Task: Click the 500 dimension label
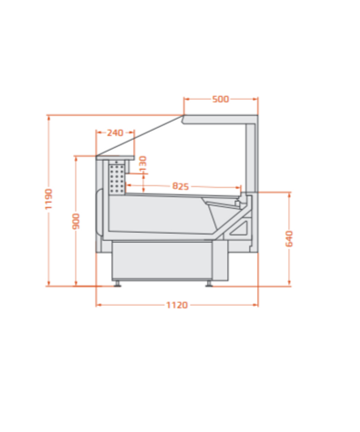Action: pyautogui.click(x=220, y=99)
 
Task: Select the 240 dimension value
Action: pyautogui.click(x=115, y=133)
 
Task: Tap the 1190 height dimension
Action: pyautogui.click(x=49, y=199)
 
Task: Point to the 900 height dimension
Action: pyautogui.click(x=76, y=221)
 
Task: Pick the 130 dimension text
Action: pyautogui.click(x=143, y=164)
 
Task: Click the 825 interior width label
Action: pyautogui.click(x=180, y=186)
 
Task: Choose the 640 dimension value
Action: pyautogui.click(x=289, y=239)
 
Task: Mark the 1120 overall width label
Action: pyautogui.click(x=177, y=305)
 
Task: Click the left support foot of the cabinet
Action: pyautogui.click(x=118, y=284)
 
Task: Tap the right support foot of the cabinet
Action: pyautogui.click(x=209, y=284)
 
